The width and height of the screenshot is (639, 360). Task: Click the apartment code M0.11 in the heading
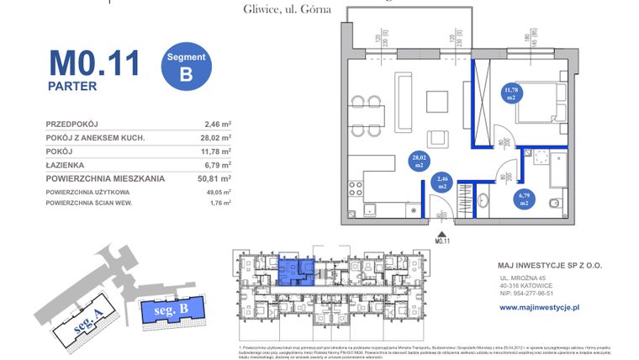click(x=93, y=63)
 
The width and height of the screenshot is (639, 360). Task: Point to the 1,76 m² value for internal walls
click(x=218, y=203)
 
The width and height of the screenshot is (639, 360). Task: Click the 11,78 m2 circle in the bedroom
click(x=510, y=93)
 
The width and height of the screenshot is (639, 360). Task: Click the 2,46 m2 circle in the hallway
click(x=441, y=183)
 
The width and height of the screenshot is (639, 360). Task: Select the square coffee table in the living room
click(x=438, y=101)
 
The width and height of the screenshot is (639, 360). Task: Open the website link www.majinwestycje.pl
click(x=540, y=308)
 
